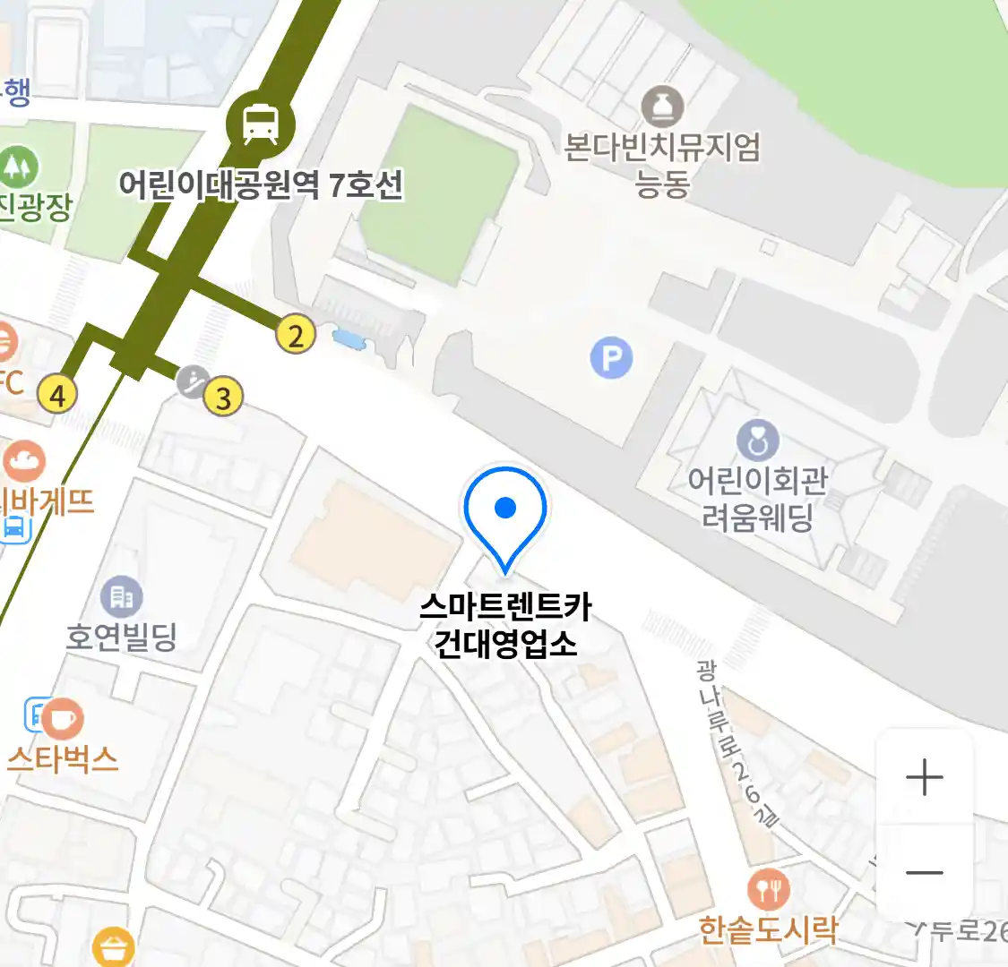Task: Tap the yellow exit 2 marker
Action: click(296, 335)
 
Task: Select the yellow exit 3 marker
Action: click(224, 398)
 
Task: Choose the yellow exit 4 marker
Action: click(58, 394)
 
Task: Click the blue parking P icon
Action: click(611, 358)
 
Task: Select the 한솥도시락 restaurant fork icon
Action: click(768, 889)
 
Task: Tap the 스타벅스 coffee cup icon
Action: click(62, 718)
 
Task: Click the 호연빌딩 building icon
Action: click(122, 595)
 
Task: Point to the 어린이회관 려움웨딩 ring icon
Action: click(757, 441)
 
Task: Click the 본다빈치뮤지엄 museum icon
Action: click(662, 107)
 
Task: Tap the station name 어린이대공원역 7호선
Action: click(261, 185)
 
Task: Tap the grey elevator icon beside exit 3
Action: click(193, 381)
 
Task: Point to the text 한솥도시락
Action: click(768, 930)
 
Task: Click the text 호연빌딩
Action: click(122, 637)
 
